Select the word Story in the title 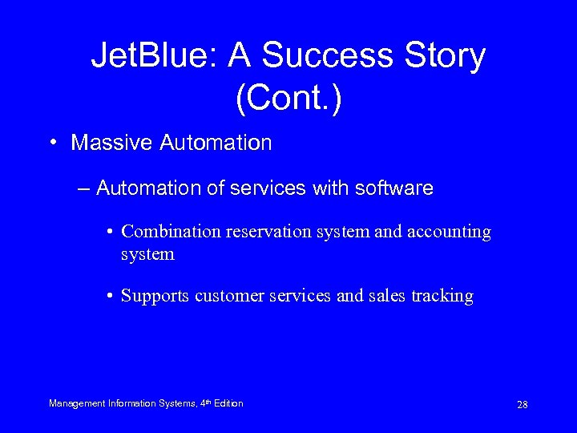[445, 56]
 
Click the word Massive [112, 144]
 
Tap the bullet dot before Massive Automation [51, 144]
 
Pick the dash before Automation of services [84, 188]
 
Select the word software [393, 188]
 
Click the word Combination [171, 232]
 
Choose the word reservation [268, 232]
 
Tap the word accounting [449, 232]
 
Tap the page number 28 [522, 404]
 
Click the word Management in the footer [78, 403]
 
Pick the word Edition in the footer [227, 403]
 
